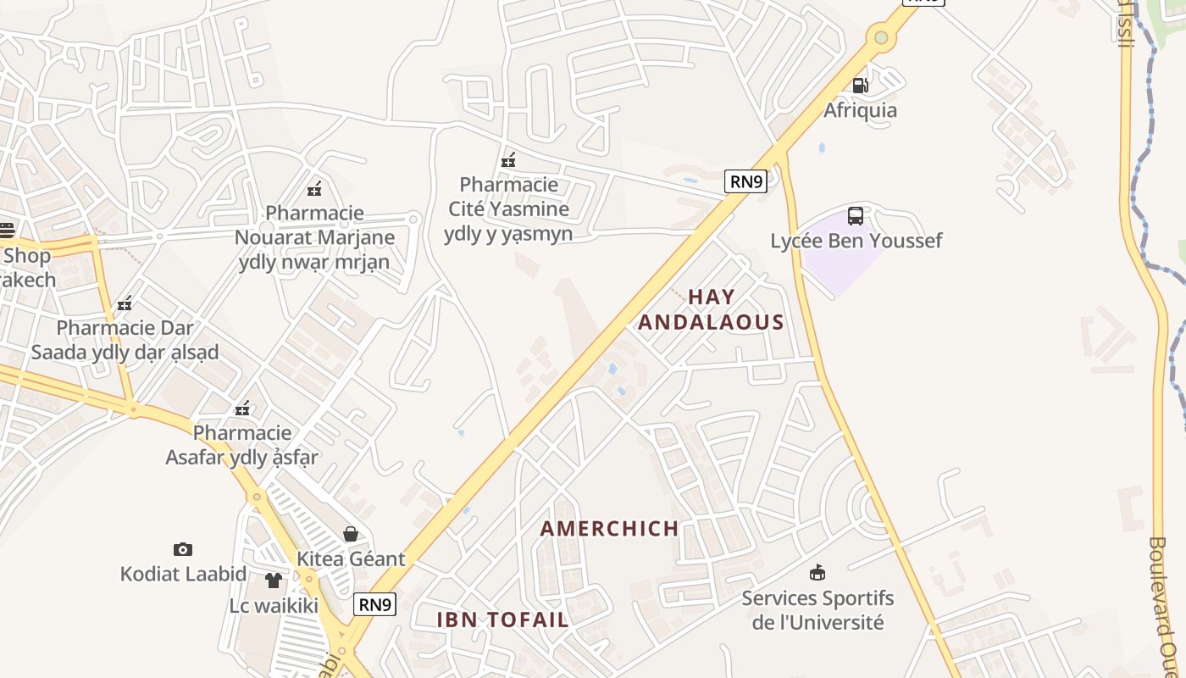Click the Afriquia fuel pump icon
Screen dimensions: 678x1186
pyautogui.click(x=860, y=85)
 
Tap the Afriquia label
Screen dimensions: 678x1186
pyautogui.click(x=860, y=110)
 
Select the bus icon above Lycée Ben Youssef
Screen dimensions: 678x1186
pyautogui.click(x=856, y=215)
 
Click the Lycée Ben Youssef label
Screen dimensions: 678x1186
pyautogui.click(x=856, y=241)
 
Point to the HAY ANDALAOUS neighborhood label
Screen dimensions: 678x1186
pyautogui.click(x=711, y=309)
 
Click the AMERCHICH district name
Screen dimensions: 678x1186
pyautogui.click(x=610, y=529)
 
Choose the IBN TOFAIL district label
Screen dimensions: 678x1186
pyautogui.click(x=502, y=620)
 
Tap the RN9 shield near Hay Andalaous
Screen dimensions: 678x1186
pyautogui.click(x=745, y=181)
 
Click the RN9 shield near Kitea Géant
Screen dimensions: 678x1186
pyautogui.click(x=374, y=604)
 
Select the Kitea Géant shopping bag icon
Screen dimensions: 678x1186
pyautogui.click(x=350, y=534)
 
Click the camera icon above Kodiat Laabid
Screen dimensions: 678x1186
pyautogui.click(x=182, y=549)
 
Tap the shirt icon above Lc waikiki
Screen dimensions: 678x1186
pyautogui.click(x=273, y=581)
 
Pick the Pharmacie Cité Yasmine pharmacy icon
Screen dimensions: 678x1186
pyautogui.click(x=508, y=159)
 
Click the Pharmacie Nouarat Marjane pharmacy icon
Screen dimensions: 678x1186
pyautogui.click(x=314, y=188)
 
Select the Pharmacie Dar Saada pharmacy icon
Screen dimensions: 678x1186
pyautogui.click(x=125, y=303)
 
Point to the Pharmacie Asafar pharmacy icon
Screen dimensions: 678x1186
pyautogui.click(x=242, y=408)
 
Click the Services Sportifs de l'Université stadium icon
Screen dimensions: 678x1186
pyautogui.click(x=817, y=573)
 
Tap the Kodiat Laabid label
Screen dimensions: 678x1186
pyautogui.click(x=183, y=574)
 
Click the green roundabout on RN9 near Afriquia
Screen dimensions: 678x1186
pyautogui.click(x=881, y=37)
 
